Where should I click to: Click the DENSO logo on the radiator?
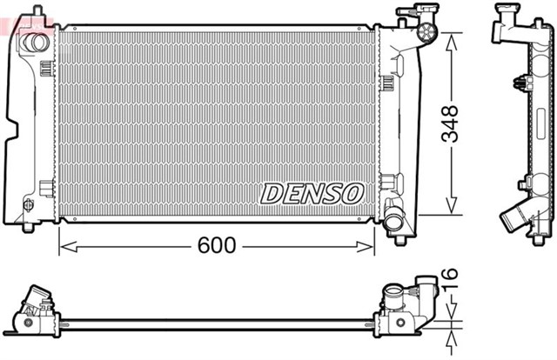pos(312,193)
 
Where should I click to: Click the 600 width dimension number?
pos(217,246)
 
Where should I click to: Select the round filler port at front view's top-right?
pos(426,33)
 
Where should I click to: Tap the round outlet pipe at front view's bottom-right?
pos(395,222)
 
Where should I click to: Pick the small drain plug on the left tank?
pos(28,206)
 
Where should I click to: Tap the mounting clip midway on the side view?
pos(523,84)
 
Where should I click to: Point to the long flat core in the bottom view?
pos(218,323)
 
